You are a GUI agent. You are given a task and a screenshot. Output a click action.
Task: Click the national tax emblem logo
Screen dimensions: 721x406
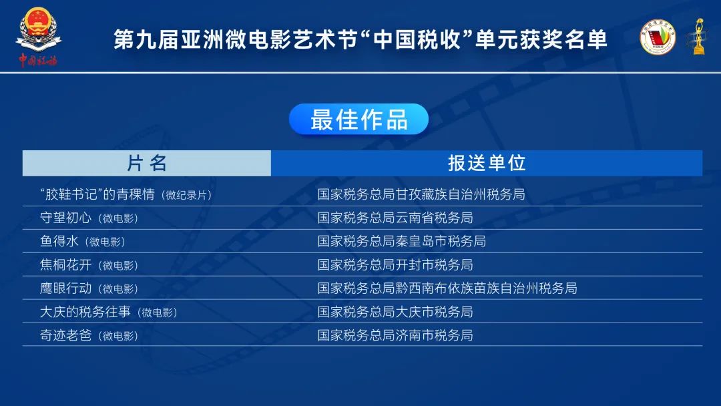click(38, 37)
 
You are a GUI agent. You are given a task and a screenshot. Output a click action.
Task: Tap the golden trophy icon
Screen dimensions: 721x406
click(698, 37)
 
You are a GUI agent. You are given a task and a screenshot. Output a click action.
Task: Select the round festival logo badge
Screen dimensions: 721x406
click(658, 37)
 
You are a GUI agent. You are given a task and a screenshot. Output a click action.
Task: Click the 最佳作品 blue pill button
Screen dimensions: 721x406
click(358, 119)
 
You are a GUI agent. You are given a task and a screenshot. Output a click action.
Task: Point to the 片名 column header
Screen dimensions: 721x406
click(147, 163)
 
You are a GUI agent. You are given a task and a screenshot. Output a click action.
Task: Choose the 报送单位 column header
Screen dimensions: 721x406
click(487, 163)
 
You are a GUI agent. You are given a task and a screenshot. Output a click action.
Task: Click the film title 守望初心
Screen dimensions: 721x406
click(65, 218)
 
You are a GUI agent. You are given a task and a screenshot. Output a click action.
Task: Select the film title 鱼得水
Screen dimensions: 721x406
click(59, 241)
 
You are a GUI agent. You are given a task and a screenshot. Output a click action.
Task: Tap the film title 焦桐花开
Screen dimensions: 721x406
click(65, 265)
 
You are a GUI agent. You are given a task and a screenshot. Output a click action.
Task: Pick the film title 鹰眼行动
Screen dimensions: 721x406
click(65, 288)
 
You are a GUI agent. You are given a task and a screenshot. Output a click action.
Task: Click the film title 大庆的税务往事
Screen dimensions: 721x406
click(85, 312)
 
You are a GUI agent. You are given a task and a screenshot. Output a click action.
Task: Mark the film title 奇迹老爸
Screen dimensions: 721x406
click(65, 335)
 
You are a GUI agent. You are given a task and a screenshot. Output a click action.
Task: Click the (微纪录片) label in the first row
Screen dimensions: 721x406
click(186, 195)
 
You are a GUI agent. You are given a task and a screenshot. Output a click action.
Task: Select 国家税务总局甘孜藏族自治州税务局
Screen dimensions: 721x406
click(421, 194)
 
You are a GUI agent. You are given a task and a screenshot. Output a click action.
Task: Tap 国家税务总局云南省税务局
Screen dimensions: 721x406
click(395, 218)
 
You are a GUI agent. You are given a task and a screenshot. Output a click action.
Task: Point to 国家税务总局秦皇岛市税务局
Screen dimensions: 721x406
click(401, 241)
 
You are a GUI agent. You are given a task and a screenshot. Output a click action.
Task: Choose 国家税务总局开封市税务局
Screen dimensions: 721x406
click(395, 265)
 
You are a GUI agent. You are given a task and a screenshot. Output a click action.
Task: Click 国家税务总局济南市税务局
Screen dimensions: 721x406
click(395, 335)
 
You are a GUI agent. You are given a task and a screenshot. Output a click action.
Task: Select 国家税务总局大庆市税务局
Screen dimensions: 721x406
click(395, 312)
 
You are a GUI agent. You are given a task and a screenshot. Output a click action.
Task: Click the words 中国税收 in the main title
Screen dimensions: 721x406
click(416, 39)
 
